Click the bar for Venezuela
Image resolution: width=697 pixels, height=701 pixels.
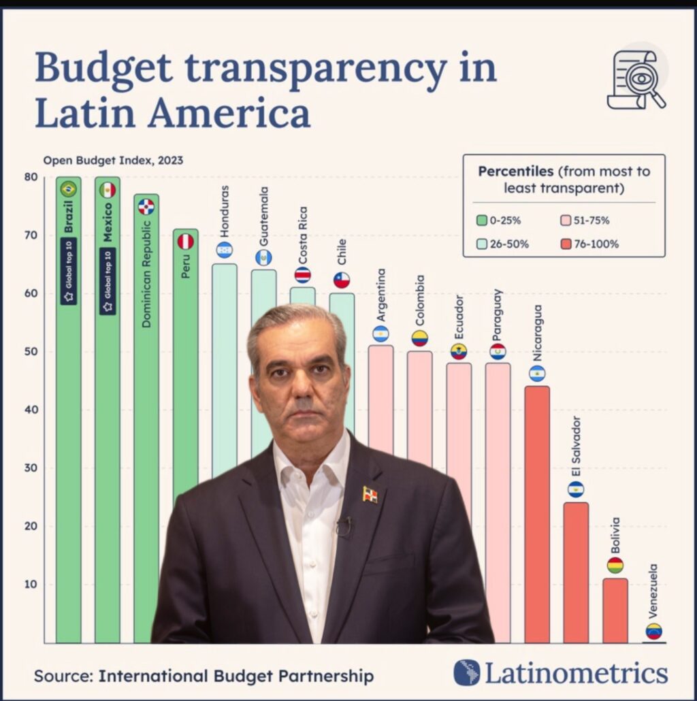tap(654, 642)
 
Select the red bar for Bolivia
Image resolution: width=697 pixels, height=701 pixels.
tap(615, 610)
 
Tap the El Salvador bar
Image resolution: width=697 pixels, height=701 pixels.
tap(576, 572)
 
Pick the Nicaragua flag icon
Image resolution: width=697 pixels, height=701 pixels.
tap(537, 374)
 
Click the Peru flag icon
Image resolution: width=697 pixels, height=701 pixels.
tap(186, 242)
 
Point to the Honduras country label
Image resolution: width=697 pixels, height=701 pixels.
tap(225, 210)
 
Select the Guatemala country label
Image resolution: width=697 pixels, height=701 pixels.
tap(263, 216)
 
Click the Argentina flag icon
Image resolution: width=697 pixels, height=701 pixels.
tap(380, 333)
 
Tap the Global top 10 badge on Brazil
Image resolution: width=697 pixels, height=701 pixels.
tap(68, 271)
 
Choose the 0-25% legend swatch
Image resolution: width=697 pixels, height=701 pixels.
tap(482, 221)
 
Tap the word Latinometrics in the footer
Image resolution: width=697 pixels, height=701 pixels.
tap(575, 673)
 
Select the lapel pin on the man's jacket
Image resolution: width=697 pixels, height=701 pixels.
tap(370, 494)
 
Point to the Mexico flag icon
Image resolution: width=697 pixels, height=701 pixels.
tap(108, 190)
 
